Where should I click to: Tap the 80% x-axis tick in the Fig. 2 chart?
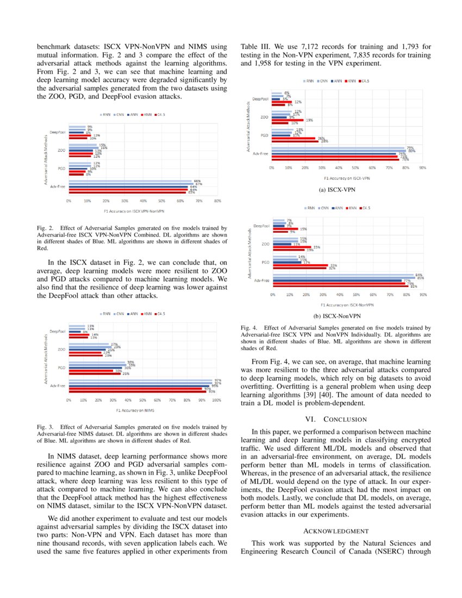coord(217,201)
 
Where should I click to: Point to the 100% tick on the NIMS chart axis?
coord(216,400)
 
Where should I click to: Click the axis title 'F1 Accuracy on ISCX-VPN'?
coord(347,178)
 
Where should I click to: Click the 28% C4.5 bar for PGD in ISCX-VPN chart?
coord(296,141)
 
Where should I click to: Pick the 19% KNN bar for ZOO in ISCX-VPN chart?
coord(288,120)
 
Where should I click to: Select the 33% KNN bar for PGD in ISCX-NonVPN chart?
coord(300,265)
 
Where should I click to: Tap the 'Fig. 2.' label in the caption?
coord(45,227)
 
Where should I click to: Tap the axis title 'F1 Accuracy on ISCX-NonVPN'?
coord(346,305)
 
